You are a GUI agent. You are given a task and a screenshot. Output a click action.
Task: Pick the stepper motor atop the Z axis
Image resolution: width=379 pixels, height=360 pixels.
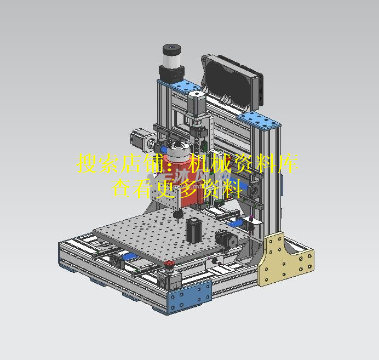click(x=196, y=105)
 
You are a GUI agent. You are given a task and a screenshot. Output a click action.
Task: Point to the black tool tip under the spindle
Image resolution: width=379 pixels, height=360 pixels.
click(x=177, y=214)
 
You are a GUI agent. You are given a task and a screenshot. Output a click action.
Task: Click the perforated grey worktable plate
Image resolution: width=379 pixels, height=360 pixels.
click(x=159, y=230)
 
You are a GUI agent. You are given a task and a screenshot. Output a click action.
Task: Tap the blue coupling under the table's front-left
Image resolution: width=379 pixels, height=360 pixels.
click(x=129, y=258)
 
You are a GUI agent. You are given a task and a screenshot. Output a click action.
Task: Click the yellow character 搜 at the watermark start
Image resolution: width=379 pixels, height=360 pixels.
click(x=87, y=164)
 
